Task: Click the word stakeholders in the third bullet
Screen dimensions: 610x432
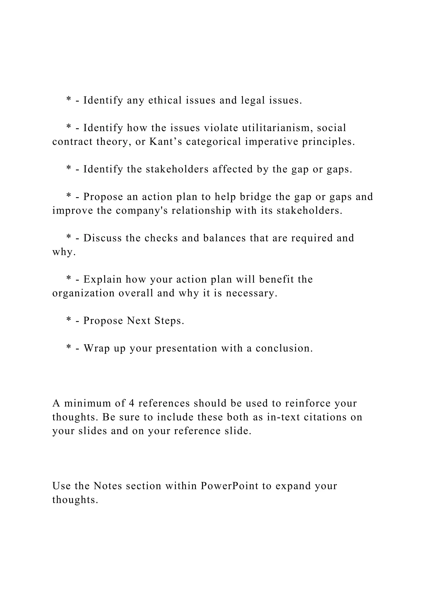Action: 177,169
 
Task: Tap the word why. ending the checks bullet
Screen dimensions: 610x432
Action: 64,252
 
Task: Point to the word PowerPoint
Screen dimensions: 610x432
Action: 229,486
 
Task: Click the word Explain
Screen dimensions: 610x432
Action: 103,280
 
